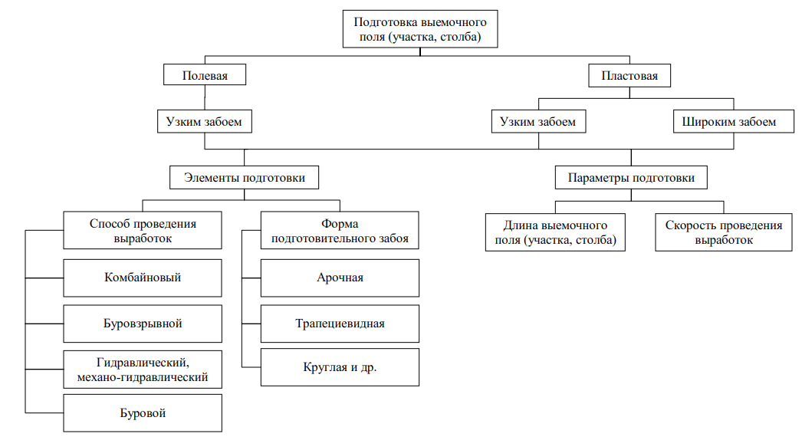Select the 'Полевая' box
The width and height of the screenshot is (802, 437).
point(204,76)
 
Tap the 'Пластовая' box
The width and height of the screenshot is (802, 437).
point(629,76)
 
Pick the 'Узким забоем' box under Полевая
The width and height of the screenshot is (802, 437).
point(204,121)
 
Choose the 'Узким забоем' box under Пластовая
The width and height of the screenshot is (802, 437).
point(537,121)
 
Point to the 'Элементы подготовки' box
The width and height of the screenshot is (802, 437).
point(245,178)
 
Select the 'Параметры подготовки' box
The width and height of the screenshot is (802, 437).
point(631,178)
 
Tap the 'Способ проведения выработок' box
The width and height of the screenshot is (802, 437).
point(143,231)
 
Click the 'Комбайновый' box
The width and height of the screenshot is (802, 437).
point(143,278)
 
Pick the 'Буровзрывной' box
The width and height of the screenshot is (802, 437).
point(143,324)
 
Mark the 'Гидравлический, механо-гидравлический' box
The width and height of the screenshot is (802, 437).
point(143,369)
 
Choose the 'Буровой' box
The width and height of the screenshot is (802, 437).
point(143,413)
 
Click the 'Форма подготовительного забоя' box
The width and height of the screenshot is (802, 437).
point(340,231)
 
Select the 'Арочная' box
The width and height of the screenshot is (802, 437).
point(340,278)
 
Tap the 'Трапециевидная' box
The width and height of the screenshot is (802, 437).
point(340,324)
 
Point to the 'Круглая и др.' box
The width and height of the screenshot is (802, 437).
point(340,367)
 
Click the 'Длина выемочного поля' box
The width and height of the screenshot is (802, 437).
point(555,232)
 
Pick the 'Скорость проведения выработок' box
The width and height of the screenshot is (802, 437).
point(724,232)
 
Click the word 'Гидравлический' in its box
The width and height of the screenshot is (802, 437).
point(143,362)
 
